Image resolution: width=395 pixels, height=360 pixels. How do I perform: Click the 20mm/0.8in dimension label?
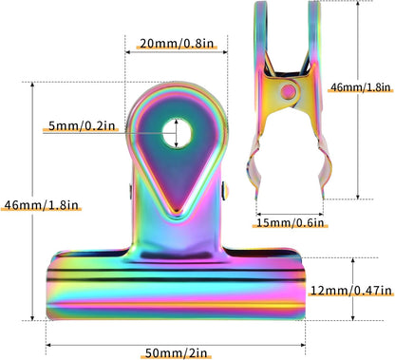176,44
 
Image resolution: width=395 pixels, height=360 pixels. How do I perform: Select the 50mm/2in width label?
177,353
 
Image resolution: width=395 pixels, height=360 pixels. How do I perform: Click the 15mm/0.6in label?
291,223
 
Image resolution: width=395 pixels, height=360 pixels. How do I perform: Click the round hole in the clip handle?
175,132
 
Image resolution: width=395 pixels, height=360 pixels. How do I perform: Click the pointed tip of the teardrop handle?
176,211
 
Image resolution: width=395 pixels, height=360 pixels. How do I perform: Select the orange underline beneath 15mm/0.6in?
291,231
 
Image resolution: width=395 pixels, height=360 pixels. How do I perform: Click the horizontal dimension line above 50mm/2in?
177,342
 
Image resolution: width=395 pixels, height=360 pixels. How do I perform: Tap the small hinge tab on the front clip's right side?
226,194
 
